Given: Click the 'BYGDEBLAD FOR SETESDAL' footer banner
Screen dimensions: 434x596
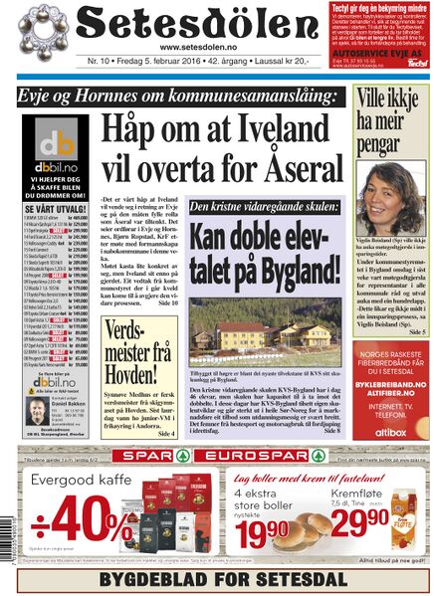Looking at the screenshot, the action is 217,579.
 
